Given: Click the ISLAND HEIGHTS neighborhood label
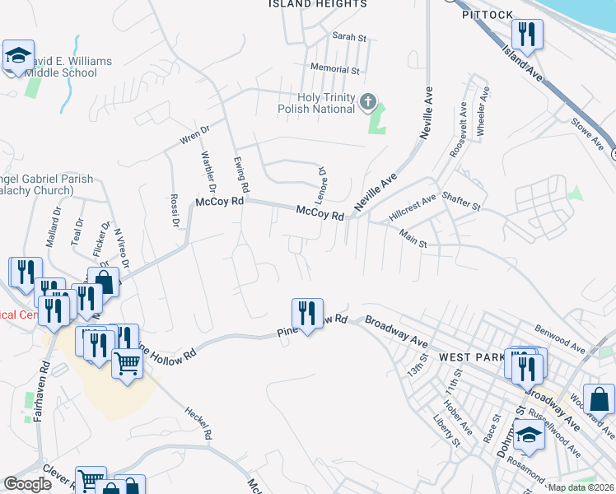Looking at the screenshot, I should click(318, 4).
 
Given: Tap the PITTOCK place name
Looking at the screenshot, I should click(488, 15).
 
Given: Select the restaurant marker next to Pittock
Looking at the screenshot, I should click(525, 35).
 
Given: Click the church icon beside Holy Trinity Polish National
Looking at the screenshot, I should click(368, 103).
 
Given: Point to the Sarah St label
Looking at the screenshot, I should click(348, 37).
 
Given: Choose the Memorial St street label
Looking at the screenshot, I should click(335, 70).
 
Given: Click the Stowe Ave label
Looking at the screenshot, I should click(588, 133).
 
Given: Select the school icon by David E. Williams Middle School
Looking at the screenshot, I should click(18, 57).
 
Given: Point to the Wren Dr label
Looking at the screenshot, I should click(195, 135).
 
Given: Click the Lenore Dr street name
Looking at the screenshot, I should click(323, 178).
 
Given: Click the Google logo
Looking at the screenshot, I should click(28, 484).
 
